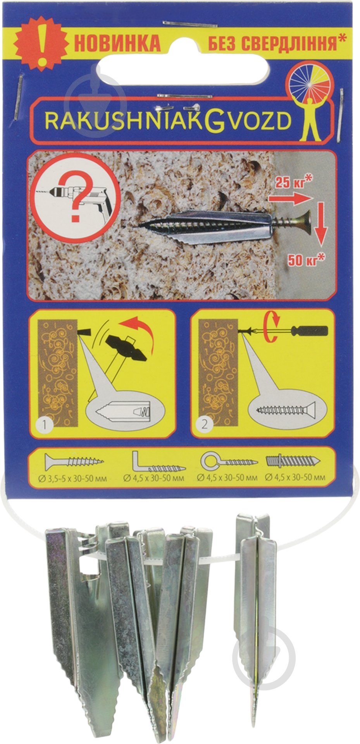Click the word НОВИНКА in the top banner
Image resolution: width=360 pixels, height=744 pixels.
click(x=117, y=44)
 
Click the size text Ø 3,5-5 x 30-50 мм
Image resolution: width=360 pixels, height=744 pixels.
click(x=73, y=479)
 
